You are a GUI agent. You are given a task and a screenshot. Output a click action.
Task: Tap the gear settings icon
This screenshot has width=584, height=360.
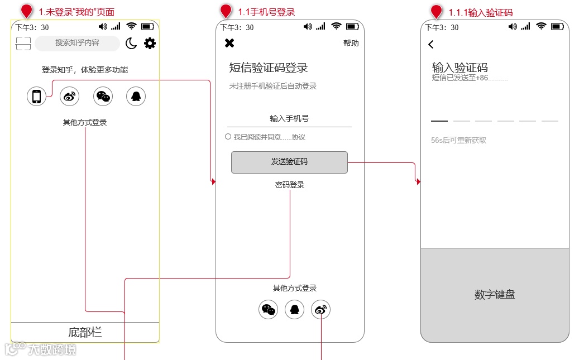150,44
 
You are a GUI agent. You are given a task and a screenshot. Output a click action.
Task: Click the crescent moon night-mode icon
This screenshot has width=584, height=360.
131,44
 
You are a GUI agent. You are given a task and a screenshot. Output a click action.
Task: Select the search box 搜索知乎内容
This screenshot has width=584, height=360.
77,43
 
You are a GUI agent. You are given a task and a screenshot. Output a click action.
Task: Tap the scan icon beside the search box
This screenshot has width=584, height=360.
23,44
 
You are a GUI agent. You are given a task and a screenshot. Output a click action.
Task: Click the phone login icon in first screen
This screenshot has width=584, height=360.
36,97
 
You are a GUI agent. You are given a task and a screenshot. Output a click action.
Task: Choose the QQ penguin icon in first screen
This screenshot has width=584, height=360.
136,97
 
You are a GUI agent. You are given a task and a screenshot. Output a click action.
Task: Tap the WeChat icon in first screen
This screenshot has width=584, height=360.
103,97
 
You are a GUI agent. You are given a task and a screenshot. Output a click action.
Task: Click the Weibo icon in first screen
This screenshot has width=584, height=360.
70,97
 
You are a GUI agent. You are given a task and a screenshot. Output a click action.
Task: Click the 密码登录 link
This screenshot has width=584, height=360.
290,185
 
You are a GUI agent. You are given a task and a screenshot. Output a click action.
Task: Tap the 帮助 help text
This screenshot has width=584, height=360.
351,43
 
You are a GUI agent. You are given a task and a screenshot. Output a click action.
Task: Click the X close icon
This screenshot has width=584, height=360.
229,43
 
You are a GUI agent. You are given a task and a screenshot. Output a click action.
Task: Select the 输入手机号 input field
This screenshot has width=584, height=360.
289,118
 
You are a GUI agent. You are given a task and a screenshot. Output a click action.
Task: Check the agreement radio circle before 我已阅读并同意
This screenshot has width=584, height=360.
228,137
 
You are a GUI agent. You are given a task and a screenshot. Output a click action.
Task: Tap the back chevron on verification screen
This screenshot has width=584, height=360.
431,45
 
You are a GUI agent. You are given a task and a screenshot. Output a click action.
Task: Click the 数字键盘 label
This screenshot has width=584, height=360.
495,295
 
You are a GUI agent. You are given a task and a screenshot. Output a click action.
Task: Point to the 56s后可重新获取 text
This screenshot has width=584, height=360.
458,140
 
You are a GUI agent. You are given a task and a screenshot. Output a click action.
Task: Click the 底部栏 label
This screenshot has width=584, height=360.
85,333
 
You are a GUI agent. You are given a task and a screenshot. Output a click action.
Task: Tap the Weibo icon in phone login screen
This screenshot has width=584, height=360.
320,309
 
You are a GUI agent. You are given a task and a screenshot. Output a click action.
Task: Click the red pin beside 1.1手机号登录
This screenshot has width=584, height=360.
226,11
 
